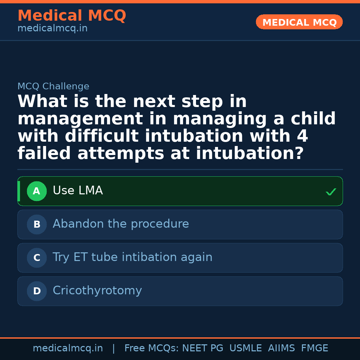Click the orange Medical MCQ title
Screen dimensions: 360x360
tap(72, 15)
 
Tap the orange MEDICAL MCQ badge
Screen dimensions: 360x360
tap(299, 22)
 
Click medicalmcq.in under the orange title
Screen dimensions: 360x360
tap(53, 28)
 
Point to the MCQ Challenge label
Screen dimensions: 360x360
tap(53, 86)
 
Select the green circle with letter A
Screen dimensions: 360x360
tap(37, 191)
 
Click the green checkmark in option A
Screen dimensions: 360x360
tap(331, 191)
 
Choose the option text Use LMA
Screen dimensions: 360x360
tap(78, 190)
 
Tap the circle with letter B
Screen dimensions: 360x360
tap(37, 224)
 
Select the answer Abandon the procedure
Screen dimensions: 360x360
tap(121, 224)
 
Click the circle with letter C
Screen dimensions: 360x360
tap(37, 258)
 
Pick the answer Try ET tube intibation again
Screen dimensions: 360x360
tap(132, 257)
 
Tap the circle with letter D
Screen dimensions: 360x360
tap(37, 291)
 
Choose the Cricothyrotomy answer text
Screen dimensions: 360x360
tap(97, 290)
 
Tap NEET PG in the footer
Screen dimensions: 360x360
tap(203, 348)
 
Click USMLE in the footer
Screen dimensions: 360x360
tap(246, 348)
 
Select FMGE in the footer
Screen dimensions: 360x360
tap(315, 348)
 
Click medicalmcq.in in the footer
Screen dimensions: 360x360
tap(68, 348)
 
